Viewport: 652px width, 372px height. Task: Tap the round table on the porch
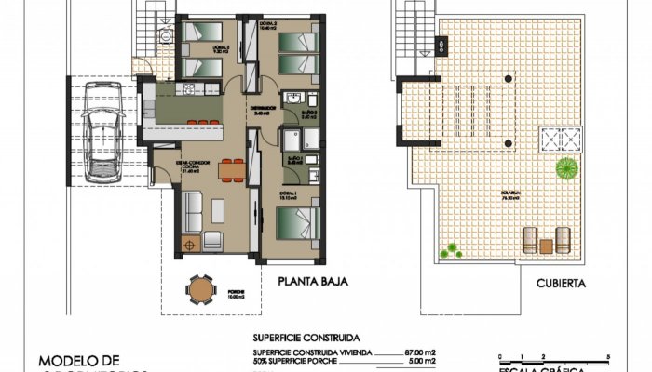pyautogui.click(x=200, y=290)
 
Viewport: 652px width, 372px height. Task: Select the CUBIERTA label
pyautogui.click(x=561, y=284)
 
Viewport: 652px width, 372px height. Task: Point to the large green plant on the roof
pyautogui.click(x=565, y=169)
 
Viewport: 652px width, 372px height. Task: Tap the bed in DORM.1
pyautogui.click(x=297, y=227)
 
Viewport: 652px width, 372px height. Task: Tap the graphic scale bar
pyautogui.click(x=554, y=359)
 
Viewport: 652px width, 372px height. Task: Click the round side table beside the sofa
pyautogui.click(x=192, y=246)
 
